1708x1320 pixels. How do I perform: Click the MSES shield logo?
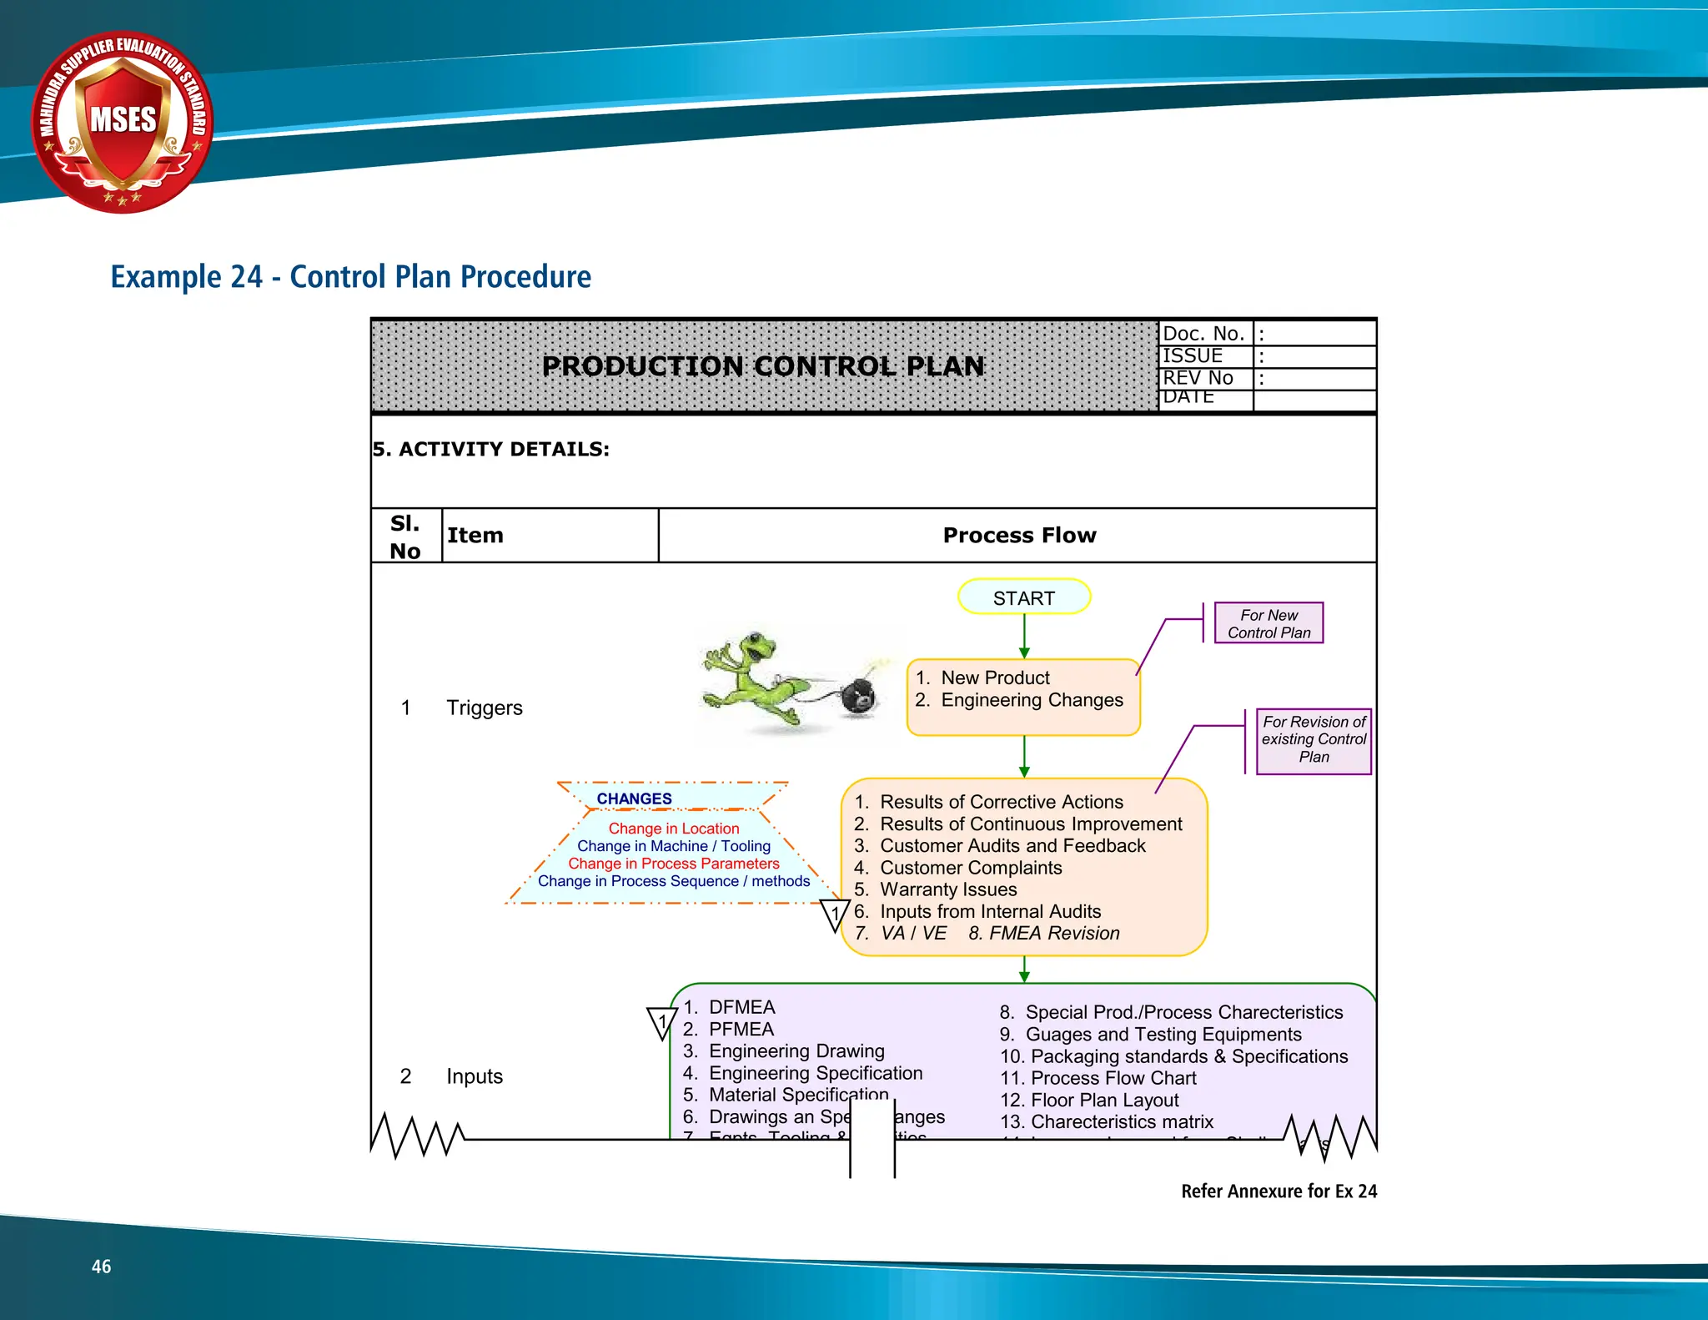click(123, 122)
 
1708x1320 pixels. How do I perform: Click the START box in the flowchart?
click(1023, 597)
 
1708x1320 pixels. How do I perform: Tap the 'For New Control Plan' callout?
click(1268, 623)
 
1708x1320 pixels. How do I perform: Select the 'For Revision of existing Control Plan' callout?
click(1314, 740)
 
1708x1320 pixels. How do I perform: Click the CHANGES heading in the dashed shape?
click(634, 799)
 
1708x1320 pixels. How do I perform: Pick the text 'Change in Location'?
click(673, 829)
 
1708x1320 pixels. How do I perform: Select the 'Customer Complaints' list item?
click(971, 868)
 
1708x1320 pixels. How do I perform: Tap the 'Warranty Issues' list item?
click(948, 889)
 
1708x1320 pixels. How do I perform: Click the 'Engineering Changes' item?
click(1032, 700)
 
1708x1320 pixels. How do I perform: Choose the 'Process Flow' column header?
click(1019, 536)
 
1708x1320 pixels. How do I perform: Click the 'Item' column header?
click(475, 536)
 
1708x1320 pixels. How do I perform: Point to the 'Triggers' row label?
click(485, 708)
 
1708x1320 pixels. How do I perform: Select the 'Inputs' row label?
click(475, 1076)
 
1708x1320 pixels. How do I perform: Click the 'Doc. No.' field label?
click(1203, 334)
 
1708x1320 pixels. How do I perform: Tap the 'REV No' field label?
click(1198, 378)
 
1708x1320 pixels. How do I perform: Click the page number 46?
click(101, 1267)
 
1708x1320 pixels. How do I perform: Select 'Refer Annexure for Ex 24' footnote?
click(1278, 1192)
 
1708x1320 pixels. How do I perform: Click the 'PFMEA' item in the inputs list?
click(741, 1030)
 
